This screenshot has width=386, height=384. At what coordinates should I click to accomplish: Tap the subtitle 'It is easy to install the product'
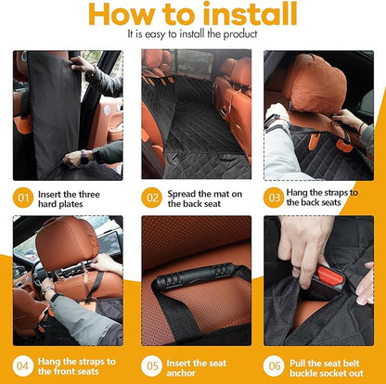click(192, 34)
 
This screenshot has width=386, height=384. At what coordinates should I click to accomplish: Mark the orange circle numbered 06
click(276, 364)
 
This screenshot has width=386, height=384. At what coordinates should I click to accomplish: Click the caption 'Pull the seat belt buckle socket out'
click(329, 364)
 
